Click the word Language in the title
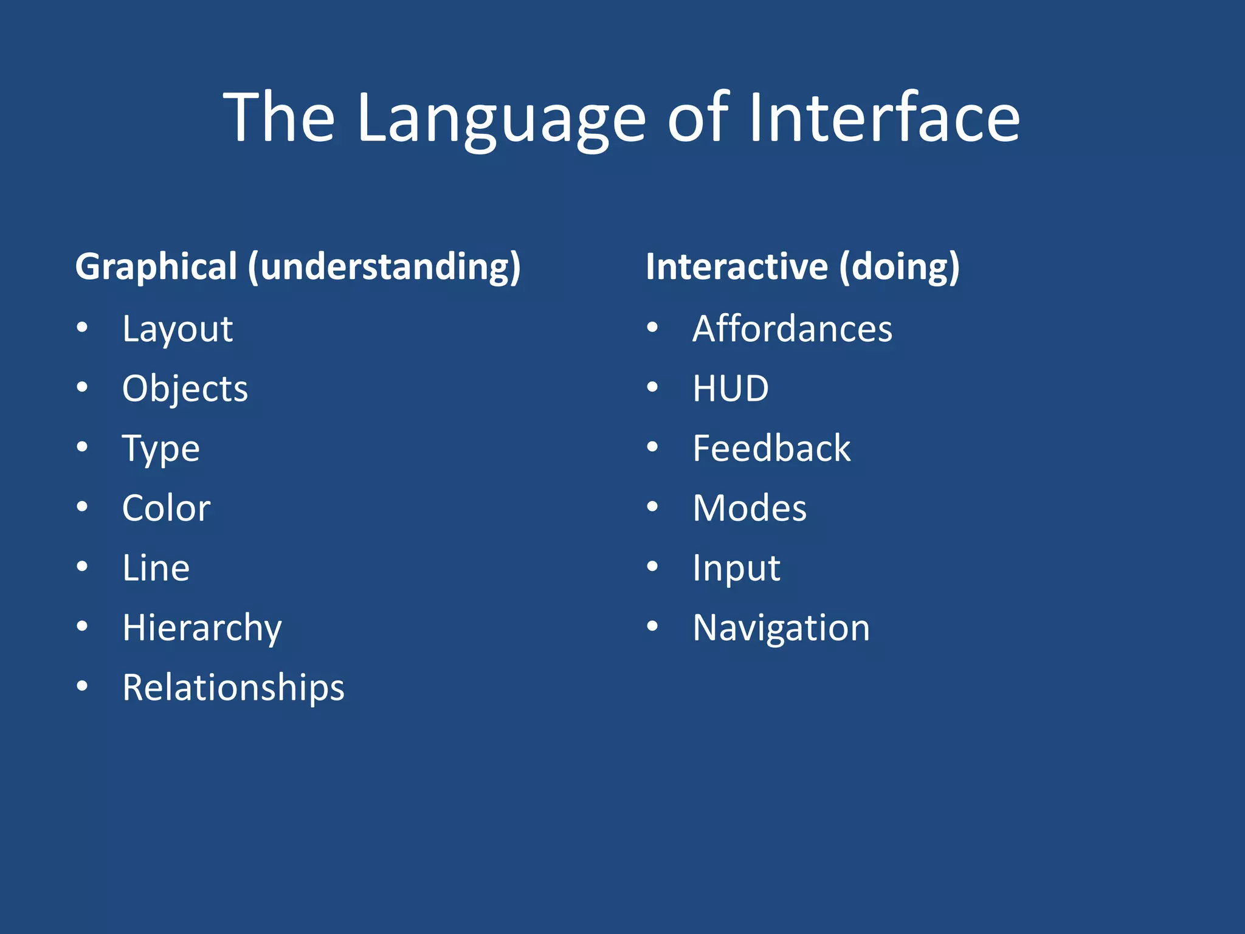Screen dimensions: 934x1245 click(501, 118)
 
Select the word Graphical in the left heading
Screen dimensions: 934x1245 click(156, 268)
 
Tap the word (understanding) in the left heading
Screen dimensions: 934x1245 click(384, 268)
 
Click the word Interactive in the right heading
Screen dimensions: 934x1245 click(736, 268)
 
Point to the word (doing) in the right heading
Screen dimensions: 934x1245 click(899, 268)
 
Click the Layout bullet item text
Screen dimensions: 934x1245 click(178, 330)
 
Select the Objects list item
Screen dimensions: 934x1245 click(185, 389)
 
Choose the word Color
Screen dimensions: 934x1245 click(166, 508)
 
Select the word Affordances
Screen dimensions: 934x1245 click(792, 330)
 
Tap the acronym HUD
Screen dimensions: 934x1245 click(731, 389)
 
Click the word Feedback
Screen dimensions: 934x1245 click(771, 449)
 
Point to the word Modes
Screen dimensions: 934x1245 click(750, 508)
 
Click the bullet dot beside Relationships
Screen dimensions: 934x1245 click(83, 686)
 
